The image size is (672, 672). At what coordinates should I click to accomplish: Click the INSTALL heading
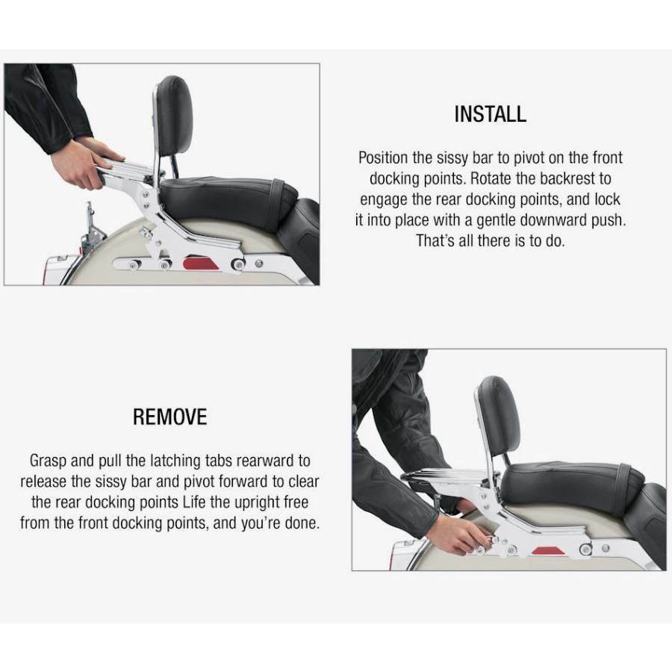pos(491,114)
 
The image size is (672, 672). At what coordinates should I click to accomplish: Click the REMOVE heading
pos(169,417)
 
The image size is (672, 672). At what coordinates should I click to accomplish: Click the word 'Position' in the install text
pos(383,158)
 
